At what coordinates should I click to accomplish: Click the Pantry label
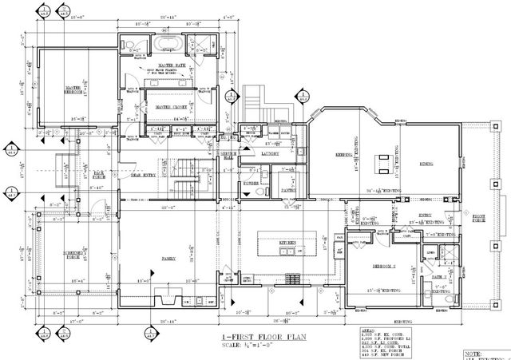(285, 191)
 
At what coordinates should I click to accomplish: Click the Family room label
(170, 259)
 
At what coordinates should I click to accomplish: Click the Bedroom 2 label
(373, 266)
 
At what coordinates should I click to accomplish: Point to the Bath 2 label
(438, 277)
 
